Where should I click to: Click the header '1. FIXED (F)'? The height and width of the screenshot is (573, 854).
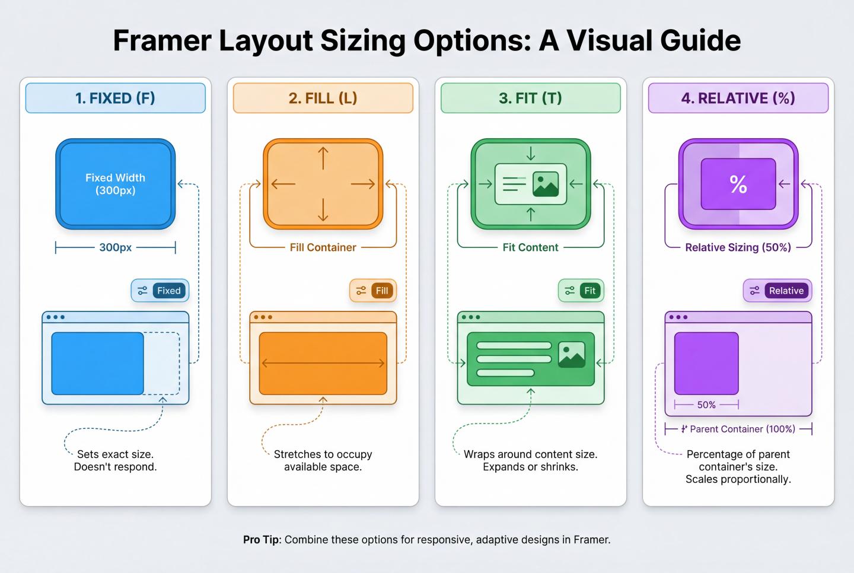(x=115, y=98)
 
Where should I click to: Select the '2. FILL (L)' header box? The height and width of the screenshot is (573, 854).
(x=323, y=98)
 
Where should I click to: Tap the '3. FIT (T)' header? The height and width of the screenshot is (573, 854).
(x=530, y=98)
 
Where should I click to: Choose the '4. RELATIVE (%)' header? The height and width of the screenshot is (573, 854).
(x=738, y=98)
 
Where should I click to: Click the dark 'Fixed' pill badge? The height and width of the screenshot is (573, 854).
(x=168, y=291)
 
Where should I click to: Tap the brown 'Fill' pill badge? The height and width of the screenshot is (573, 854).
(x=382, y=291)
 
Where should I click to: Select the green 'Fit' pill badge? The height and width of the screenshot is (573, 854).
(x=589, y=291)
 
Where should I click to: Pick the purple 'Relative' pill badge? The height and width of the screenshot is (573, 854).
(x=786, y=291)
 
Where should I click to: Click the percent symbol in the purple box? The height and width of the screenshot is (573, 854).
(x=738, y=184)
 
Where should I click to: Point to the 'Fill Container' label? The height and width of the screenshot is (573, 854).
(x=323, y=247)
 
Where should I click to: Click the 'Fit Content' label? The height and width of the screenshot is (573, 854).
(x=530, y=247)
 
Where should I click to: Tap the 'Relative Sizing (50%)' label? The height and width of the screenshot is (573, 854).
(x=738, y=247)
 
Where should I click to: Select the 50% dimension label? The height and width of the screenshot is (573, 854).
(x=706, y=405)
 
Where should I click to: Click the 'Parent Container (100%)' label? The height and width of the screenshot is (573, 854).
(x=742, y=429)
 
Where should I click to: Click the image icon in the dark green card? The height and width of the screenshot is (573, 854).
(x=572, y=354)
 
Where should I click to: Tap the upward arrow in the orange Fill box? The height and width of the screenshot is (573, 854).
(x=323, y=158)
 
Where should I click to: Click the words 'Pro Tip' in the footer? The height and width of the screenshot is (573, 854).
(x=261, y=540)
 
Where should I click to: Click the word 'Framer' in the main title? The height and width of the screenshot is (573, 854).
(x=162, y=40)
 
